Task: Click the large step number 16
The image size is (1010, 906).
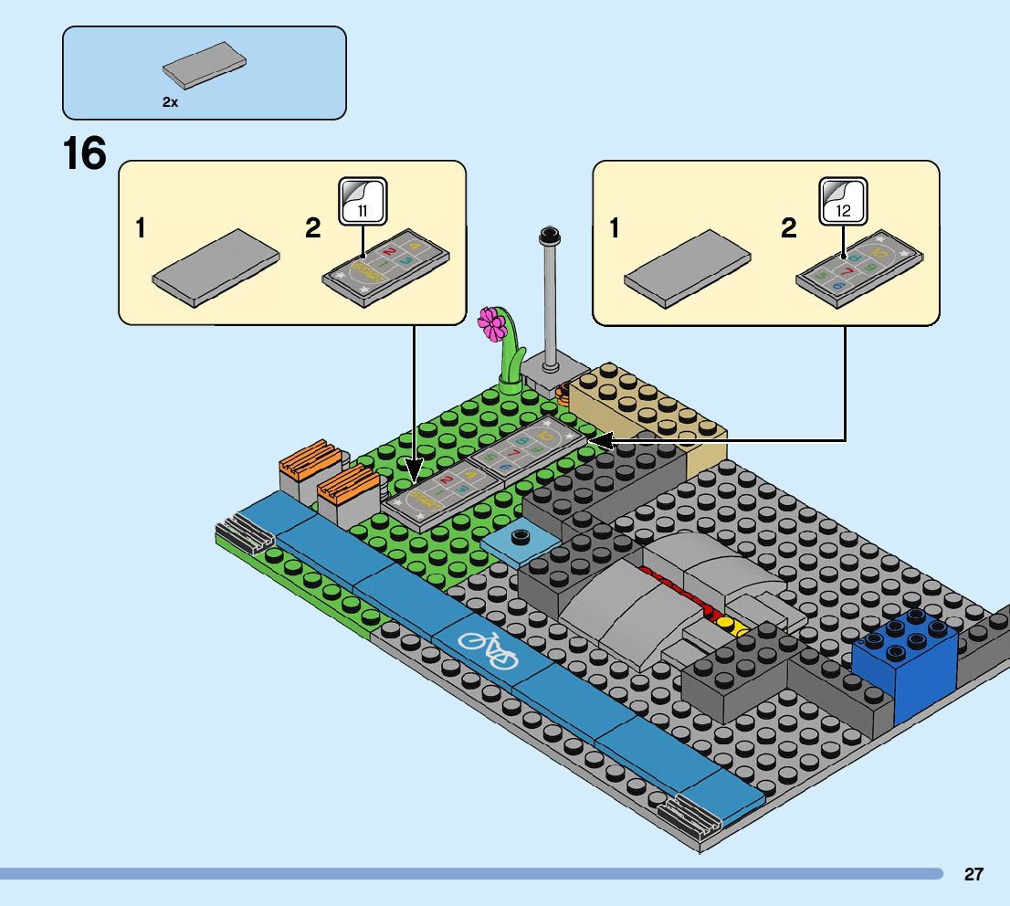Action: [x=84, y=153]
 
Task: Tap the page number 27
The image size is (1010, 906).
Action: [x=973, y=874]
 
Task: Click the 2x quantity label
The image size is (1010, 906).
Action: [x=170, y=103]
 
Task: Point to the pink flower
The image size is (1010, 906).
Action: [x=493, y=323]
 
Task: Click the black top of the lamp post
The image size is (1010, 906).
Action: [x=550, y=235]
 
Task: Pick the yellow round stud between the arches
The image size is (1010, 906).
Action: [x=726, y=624]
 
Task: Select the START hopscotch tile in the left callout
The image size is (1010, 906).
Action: [x=387, y=267]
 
